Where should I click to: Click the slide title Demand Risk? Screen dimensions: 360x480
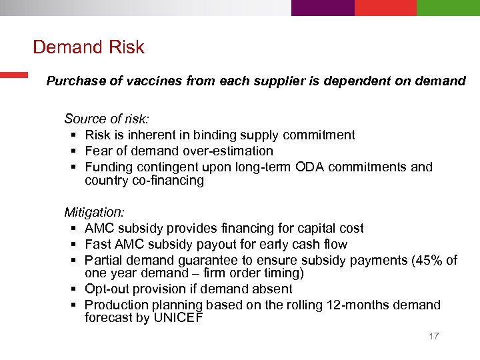(88, 47)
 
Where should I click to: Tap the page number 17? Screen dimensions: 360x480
(433, 336)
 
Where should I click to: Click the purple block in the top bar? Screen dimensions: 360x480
(323, 7)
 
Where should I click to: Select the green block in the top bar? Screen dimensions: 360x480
(448, 7)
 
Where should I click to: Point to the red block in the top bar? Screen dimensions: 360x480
(385, 7)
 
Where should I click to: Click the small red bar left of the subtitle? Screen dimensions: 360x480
(13, 75)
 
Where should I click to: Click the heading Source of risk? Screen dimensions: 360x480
(107, 119)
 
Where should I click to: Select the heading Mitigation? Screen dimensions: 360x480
(94, 212)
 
